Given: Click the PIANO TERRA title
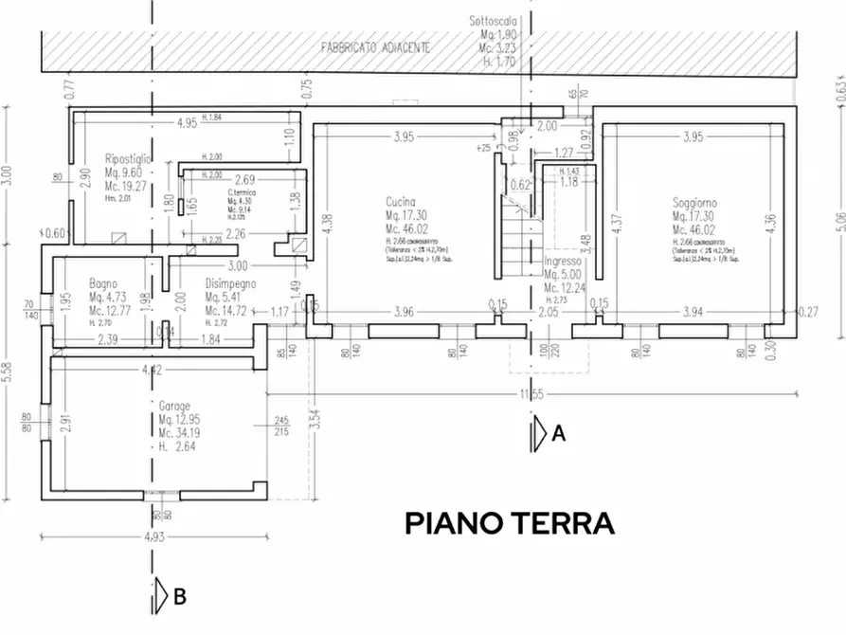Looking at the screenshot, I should (511, 523).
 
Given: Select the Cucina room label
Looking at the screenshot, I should (403, 203).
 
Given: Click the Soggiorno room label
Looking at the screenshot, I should (694, 203).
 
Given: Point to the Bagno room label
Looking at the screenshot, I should (102, 282).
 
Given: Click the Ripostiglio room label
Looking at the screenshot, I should (130, 159).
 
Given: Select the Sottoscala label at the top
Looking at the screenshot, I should (494, 20).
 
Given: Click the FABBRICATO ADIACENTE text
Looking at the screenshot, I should (377, 46).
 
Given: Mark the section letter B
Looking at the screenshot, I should (180, 597).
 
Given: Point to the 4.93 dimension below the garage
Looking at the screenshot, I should (153, 537).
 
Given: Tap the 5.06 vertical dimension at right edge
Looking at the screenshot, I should (837, 220).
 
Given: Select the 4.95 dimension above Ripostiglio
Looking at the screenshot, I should (187, 122).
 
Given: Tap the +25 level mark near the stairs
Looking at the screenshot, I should (484, 149).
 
